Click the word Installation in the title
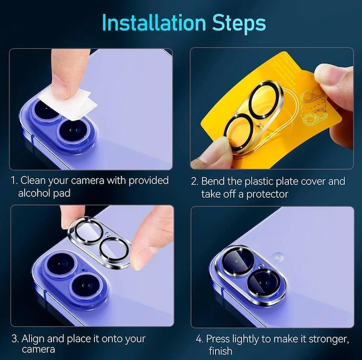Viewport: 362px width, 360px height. [x=154, y=23]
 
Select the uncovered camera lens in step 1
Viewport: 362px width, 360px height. [x=74, y=132]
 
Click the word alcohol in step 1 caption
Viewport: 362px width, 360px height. [x=34, y=193]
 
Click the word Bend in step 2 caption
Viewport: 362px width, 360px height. [x=213, y=181]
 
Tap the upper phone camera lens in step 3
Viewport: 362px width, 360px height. [x=62, y=264]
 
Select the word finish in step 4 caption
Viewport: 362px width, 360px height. [x=221, y=351]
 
